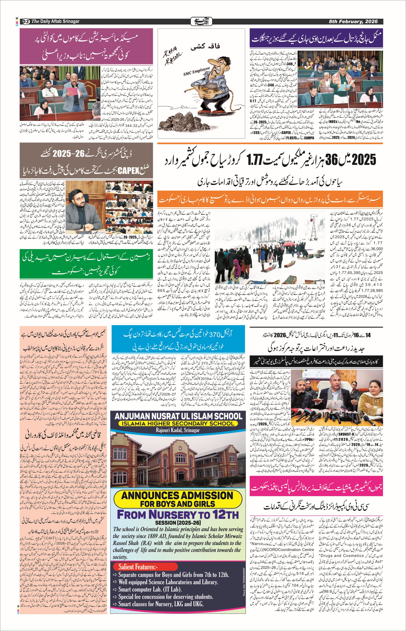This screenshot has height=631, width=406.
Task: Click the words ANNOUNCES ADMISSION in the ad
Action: point(177,495)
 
